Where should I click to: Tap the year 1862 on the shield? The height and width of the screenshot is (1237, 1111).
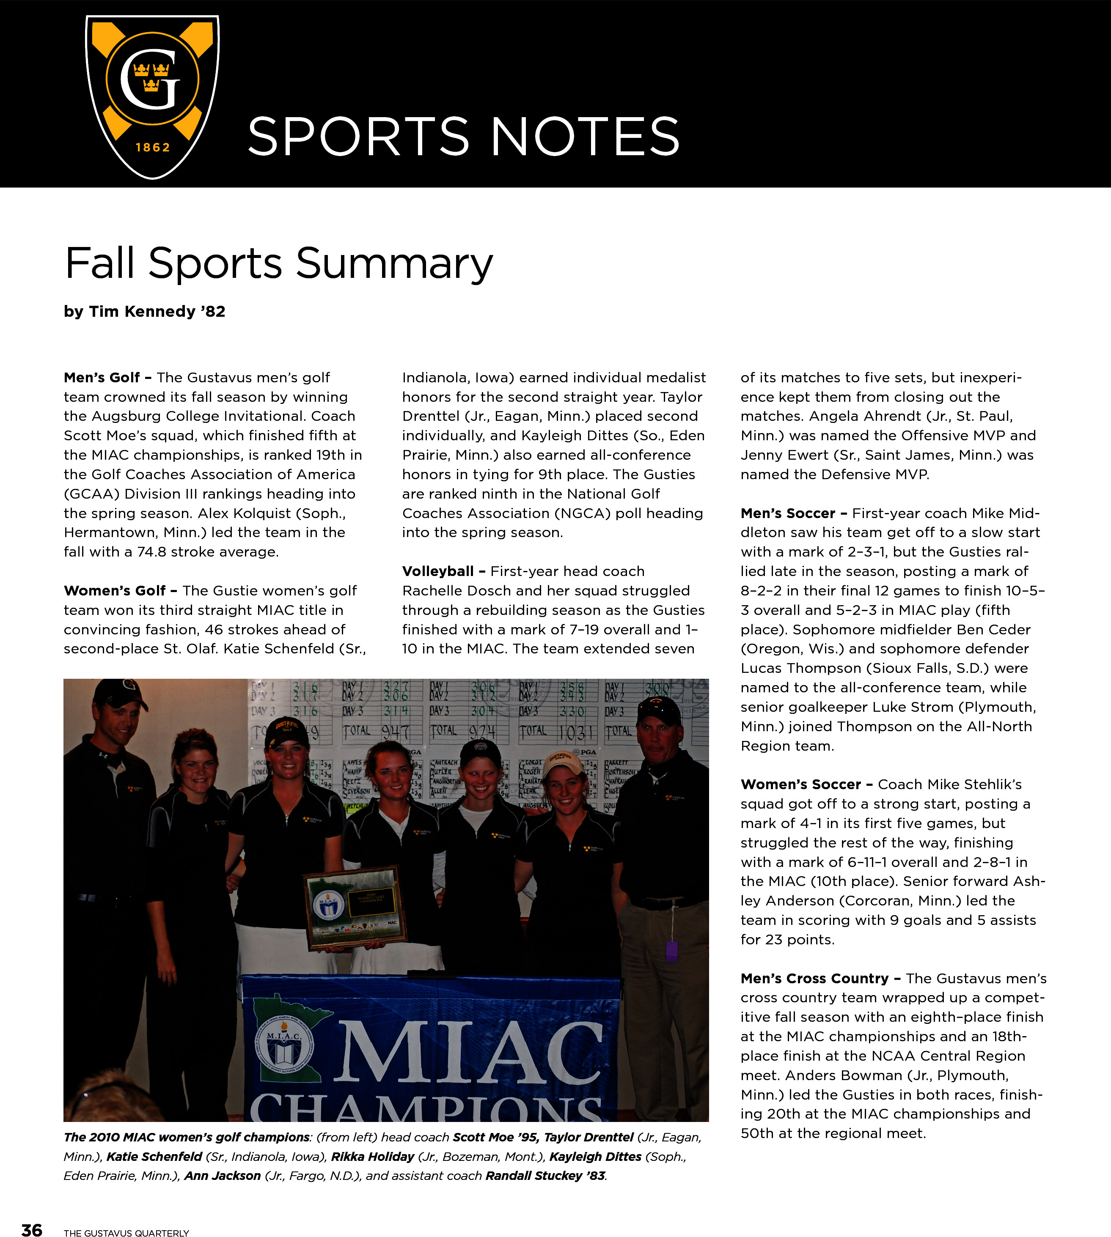(153, 147)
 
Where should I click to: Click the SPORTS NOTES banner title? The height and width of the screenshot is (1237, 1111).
(463, 136)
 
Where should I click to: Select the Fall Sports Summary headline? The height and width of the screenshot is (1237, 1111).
(278, 263)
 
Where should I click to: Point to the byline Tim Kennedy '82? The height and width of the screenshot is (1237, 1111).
(145, 311)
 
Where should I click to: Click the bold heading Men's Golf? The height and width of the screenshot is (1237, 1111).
(102, 377)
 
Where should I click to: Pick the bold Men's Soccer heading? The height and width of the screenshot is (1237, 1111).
(787, 513)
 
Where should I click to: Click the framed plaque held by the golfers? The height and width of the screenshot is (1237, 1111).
(354, 908)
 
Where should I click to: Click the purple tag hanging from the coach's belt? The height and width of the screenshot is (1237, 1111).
(671, 951)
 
